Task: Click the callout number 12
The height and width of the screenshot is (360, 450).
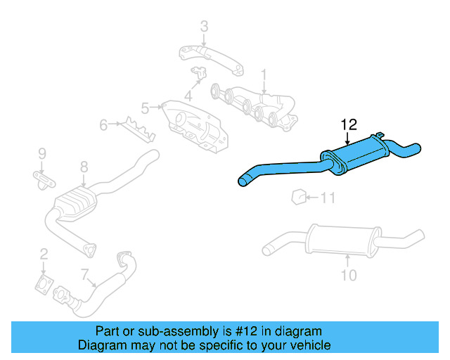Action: coord(349,124)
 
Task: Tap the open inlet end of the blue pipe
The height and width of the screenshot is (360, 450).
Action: coord(243,182)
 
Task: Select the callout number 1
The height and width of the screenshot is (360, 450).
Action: coord(264,74)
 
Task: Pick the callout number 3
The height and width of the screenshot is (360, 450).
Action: coord(204,27)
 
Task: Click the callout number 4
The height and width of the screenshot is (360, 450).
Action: coord(188,94)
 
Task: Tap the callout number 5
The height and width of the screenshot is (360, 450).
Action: coord(145,108)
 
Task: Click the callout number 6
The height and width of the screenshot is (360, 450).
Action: coord(103,125)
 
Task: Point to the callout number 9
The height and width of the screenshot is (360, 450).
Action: coord(41,153)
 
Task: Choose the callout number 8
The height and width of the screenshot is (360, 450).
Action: coord(84,167)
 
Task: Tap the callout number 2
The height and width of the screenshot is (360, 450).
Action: coord(44,254)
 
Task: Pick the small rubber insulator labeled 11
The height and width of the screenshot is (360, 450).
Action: coord(299,196)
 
